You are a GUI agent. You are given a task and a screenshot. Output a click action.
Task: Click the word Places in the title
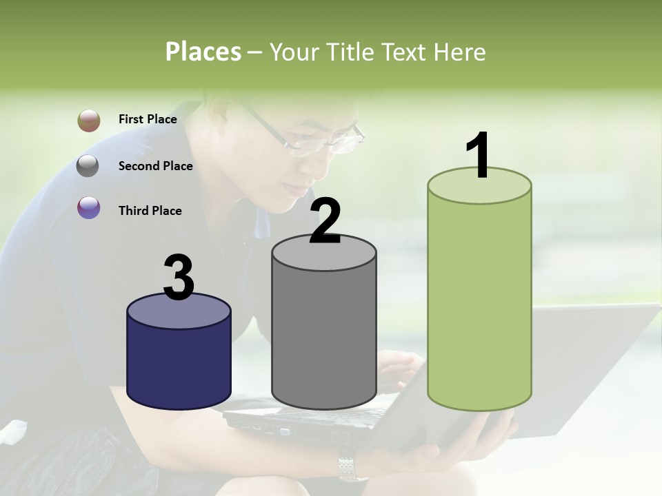click(203, 52)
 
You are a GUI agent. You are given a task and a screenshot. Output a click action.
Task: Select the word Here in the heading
click(459, 52)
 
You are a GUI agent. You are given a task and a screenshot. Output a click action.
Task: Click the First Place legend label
click(148, 119)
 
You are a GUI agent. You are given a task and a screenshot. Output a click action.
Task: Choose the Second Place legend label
click(155, 166)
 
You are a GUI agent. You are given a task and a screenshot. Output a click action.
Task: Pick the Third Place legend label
click(150, 211)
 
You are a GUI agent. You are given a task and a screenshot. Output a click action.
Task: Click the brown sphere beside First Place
click(89, 121)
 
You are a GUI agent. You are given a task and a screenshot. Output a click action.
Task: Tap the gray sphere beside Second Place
click(88, 166)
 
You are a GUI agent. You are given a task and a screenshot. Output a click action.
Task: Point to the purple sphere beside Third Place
click(89, 207)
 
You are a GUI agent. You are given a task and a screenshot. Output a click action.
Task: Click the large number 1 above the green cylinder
click(479, 156)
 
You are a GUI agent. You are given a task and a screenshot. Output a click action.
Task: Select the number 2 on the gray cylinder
click(325, 221)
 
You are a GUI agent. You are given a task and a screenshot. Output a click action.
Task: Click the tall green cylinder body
click(479, 303)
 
